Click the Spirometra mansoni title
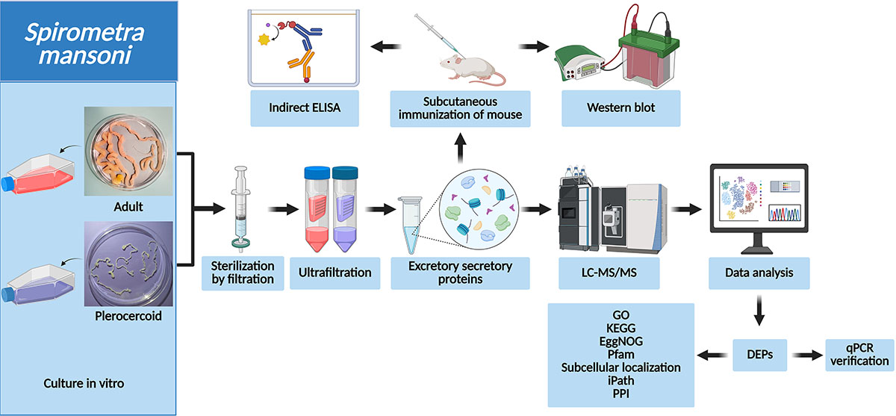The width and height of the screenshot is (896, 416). pyautogui.click(x=89, y=43)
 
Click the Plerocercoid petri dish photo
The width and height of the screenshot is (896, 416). pyautogui.click(x=129, y=265)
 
